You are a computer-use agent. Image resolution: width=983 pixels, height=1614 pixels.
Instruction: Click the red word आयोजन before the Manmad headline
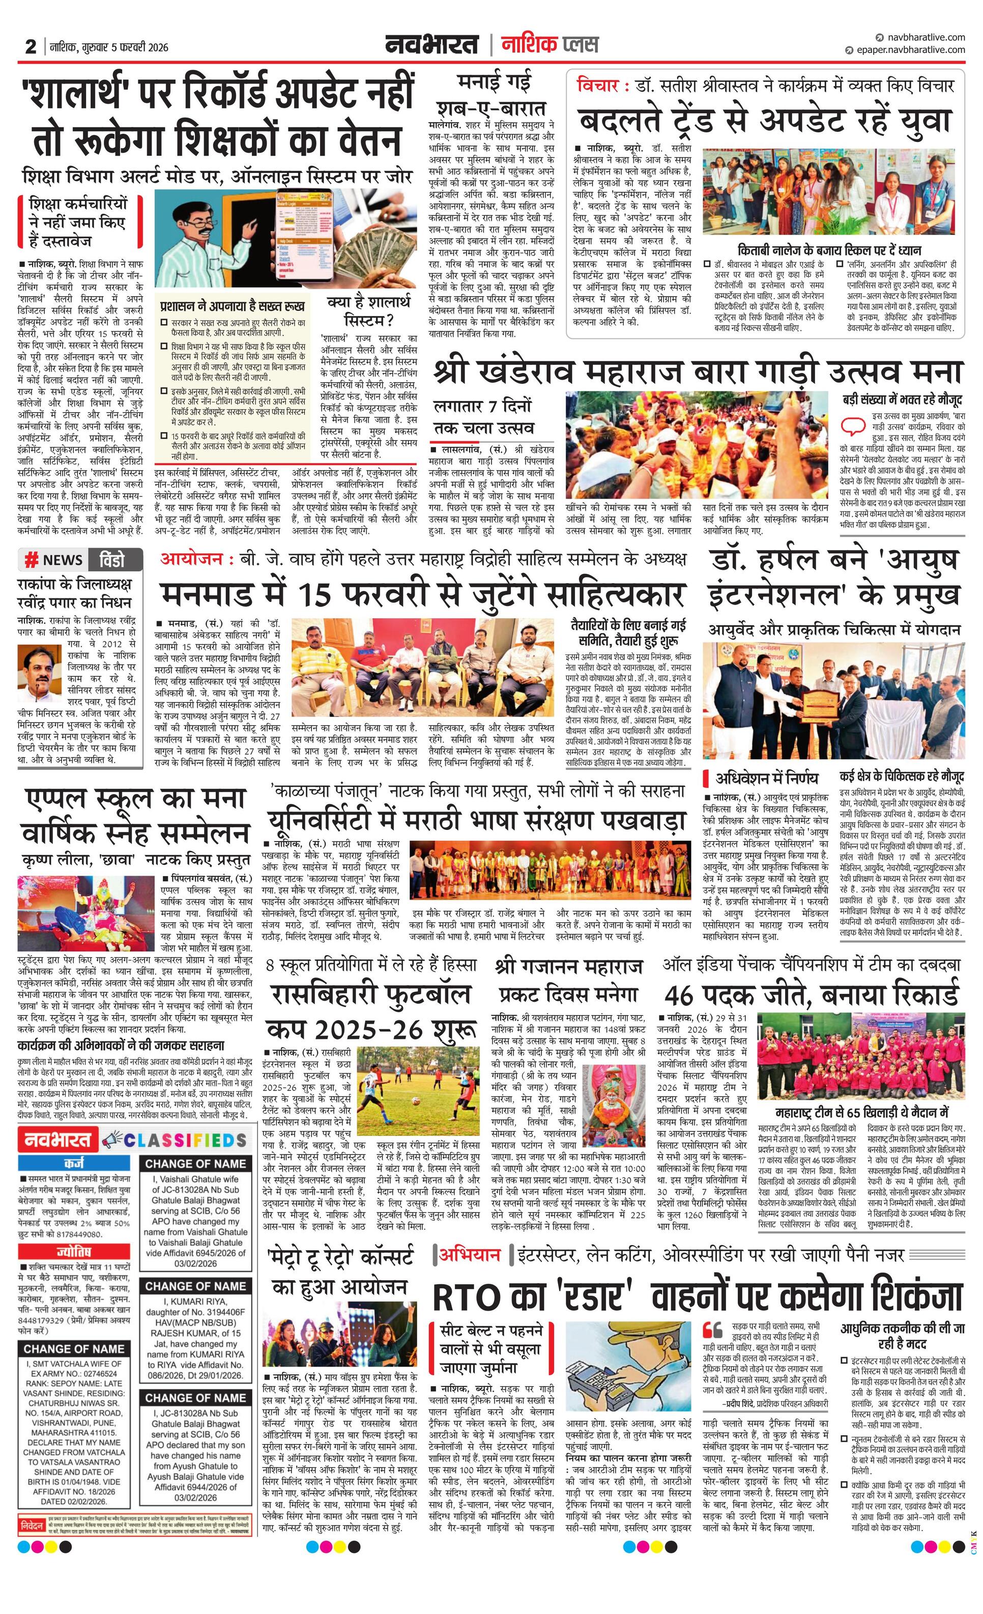click(193, 559)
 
